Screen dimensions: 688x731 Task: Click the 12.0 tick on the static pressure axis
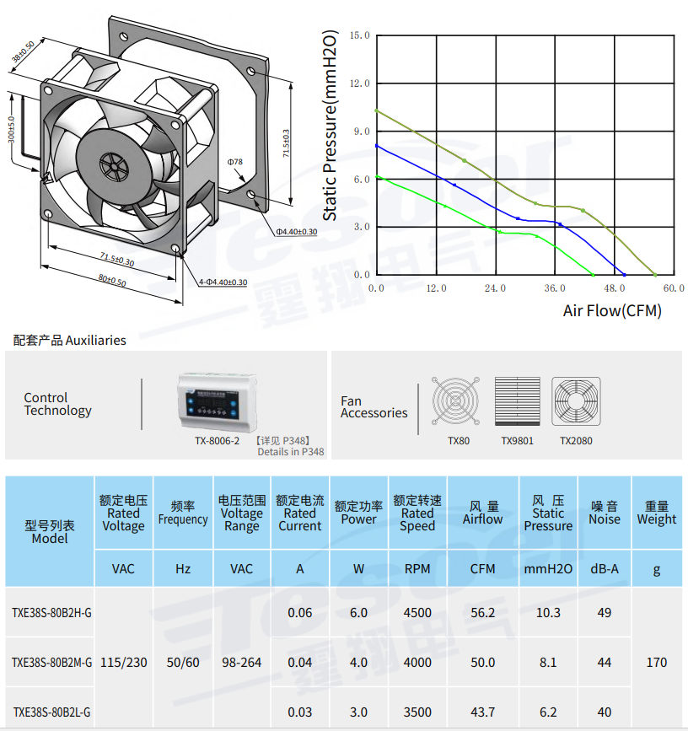coord(359,83)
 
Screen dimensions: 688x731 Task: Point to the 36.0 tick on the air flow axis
coord(555,288)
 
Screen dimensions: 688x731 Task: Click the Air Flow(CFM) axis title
coord(612,310)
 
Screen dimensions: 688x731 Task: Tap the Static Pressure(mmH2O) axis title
coord(330,126)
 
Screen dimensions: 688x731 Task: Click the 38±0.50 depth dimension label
coord(24,51)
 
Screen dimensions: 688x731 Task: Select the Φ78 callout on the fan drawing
coord(235,162)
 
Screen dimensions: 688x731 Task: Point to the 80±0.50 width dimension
coord(112,280)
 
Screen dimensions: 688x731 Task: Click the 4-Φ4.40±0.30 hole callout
coord(223,282)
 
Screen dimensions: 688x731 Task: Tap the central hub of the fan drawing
coord(113,166)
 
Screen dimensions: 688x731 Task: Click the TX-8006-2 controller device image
coord(218,402)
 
